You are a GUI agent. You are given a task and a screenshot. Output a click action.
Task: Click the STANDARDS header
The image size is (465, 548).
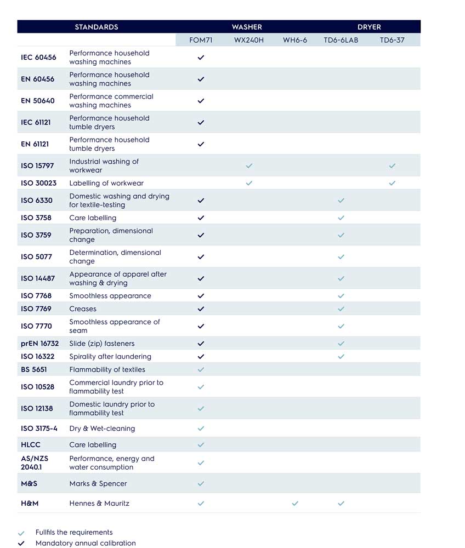click(97, 27)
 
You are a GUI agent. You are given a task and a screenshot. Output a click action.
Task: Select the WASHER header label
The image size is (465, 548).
click(247, 27)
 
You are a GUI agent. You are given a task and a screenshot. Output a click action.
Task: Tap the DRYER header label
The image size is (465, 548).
click(369, 27)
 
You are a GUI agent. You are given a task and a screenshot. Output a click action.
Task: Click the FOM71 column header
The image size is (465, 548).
click(200, 40)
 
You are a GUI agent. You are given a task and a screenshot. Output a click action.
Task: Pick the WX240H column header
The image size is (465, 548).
click(249, 40)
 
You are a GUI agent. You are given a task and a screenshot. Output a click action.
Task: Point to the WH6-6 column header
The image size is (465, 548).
click(295, 40)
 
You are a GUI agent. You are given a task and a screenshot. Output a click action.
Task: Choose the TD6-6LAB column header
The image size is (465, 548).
click(341, 40)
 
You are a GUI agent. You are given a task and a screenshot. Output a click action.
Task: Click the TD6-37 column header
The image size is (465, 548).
click(392, 40)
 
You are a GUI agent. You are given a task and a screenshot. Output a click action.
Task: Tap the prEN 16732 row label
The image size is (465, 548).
click(39, 344)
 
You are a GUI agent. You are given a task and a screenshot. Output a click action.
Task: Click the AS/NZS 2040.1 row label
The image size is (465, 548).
click(34, 463)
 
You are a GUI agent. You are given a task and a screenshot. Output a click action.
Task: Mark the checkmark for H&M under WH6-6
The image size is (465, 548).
click(295, 503)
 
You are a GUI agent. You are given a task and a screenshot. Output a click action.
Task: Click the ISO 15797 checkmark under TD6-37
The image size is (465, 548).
click(392, 165)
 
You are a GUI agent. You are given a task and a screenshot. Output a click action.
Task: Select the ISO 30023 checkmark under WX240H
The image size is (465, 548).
click(249, 183)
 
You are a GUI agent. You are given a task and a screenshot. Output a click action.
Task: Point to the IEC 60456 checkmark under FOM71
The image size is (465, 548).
click(201, 58)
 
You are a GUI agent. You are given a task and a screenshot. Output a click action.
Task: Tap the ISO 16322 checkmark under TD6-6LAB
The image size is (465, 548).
click(341, 357)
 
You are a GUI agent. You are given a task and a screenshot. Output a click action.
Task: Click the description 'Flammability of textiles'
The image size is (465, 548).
click(107, 369)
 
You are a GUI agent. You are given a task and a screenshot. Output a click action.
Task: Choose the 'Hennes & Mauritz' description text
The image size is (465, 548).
click(99, 503)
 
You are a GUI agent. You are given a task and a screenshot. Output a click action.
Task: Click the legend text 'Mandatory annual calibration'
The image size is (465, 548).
click(86, 543)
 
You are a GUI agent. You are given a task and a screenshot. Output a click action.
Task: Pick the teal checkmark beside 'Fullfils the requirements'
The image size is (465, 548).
click(21, 533)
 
